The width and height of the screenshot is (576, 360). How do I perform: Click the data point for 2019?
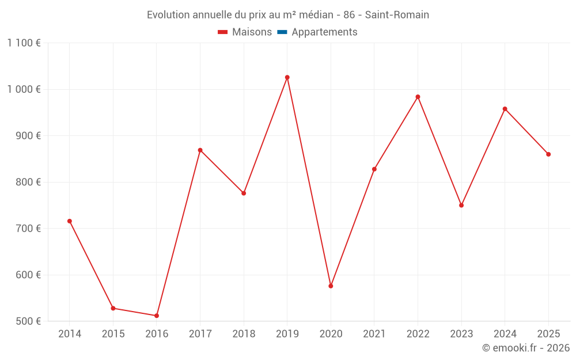click(x=287, y=77)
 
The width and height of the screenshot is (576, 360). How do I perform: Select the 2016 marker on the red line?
click(x=157, y=316)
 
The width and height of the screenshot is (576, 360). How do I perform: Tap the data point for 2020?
click(x=331, y=286)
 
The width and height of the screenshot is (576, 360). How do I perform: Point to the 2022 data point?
click(x=418, y=97)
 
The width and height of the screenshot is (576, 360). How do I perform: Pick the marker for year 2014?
click(x=70, y=221)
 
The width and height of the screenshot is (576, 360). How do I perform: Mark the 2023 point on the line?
click(x=461, y=205)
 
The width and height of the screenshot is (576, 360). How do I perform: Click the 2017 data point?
click(x=200, y=150)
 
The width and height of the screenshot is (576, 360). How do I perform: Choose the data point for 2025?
click(x=548, y=154)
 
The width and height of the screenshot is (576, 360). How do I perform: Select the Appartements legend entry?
click(x=324, y=32)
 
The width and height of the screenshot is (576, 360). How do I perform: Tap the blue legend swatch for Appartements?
click(x=282, y=32)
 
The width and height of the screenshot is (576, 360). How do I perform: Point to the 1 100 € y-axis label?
click(x=24, y=43)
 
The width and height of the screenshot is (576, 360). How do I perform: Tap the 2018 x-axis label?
click(x=244, y=334)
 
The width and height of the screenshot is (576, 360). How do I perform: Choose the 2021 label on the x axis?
click(x=374, y=334)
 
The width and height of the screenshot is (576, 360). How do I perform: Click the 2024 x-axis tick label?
click(x=505, y=334)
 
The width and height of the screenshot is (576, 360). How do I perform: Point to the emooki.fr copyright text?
click(x=526, y=348)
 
